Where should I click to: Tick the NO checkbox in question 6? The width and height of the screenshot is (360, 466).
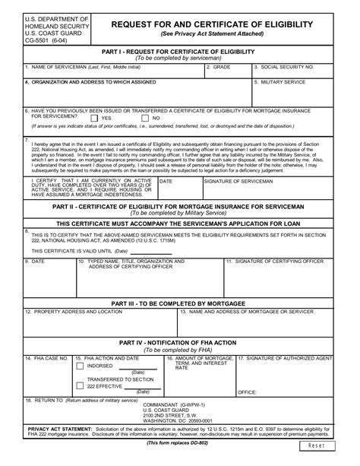[146, 119]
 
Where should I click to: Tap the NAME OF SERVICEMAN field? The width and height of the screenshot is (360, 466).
[114, 74]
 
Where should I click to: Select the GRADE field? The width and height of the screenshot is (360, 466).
[228, 74]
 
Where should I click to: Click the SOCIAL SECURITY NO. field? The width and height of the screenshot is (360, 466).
[303, 74]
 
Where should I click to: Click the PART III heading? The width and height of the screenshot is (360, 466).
[179, 303]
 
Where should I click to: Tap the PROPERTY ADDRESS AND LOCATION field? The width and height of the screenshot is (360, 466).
[99, 323]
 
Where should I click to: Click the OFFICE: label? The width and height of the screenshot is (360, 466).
[247, 392]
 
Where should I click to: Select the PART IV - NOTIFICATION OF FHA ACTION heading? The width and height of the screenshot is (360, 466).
[179, 343]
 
